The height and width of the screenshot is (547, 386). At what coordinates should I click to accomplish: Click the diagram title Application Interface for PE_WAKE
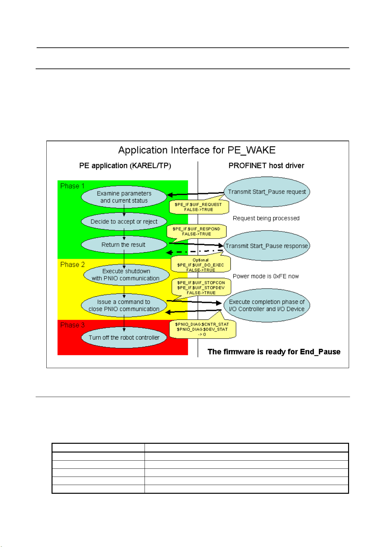pyautogui.click(x=197, y=150)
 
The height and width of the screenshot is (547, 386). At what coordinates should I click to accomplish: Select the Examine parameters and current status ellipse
pyautogui.click(x=124, y=197)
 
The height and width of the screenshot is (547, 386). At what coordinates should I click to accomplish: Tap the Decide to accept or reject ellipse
pyautogui.click(x=124, y=222)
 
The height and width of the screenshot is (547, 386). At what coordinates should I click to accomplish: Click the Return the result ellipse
pyautogui.click(x=124, y=245)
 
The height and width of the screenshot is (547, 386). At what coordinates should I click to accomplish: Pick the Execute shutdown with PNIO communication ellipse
pyautogui.click(x=126, y=275)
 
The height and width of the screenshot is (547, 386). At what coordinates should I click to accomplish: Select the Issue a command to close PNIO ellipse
pyautogui.click(x=124, y=305)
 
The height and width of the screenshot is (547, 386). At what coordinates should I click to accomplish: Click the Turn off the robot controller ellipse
pyautogui.click(x=124, y=338)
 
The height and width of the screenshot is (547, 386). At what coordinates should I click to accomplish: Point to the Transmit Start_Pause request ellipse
pyautogui.click(x=267, y=192)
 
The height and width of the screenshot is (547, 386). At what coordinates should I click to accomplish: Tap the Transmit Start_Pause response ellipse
pyautogui.click(x=267, y=246)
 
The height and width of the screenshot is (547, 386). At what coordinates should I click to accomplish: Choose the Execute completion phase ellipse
pyautogui.click(x=267, y=305)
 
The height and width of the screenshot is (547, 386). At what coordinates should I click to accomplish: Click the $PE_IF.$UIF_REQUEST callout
pyautogui.click(x=198, y=207)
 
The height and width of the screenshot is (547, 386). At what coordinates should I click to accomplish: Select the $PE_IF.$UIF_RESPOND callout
pyautogui.click(x=196, y=231)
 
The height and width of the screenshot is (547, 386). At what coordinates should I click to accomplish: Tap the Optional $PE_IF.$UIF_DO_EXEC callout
pyautogui.click(x=201, y=265)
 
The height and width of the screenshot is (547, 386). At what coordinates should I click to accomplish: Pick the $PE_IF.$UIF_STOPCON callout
pyautogui.click(x=201, y=288)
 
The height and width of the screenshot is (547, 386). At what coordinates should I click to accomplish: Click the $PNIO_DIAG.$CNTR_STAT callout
pyautogui.click(x=202, y=329)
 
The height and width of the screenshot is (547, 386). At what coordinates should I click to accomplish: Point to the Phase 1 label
pyautogui.click(x=72, y=186)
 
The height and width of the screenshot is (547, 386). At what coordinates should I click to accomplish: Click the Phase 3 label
pyautogui.click(x=72, y=325)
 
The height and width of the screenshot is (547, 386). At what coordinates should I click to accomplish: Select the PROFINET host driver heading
pyautogui.click(x=266, y=166)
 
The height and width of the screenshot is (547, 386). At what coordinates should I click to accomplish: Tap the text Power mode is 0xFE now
pyautogui.click(x=266, y=276)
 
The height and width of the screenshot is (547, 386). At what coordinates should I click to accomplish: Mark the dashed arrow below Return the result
pyautogui.click(x=194, y=252)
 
